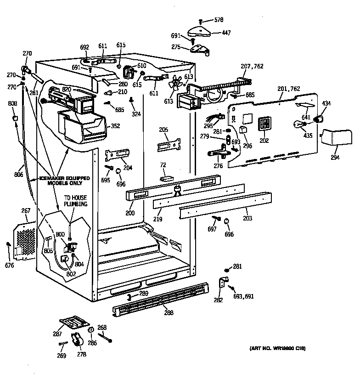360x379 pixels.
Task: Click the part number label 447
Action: click(226, 33)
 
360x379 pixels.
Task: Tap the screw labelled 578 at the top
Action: click(201, 21)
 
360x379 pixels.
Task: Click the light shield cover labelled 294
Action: click(334, 137)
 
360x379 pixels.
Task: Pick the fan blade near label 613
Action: click(175, 84)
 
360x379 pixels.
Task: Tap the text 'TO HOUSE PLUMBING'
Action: click(75, 201)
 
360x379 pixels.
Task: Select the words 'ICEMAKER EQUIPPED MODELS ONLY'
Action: click(64, 181)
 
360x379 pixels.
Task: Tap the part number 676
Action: click(10, 266)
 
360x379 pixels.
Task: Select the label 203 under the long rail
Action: click(247, 218)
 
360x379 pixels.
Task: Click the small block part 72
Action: click(166, 177)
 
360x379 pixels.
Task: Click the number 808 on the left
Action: click(13, 103)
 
